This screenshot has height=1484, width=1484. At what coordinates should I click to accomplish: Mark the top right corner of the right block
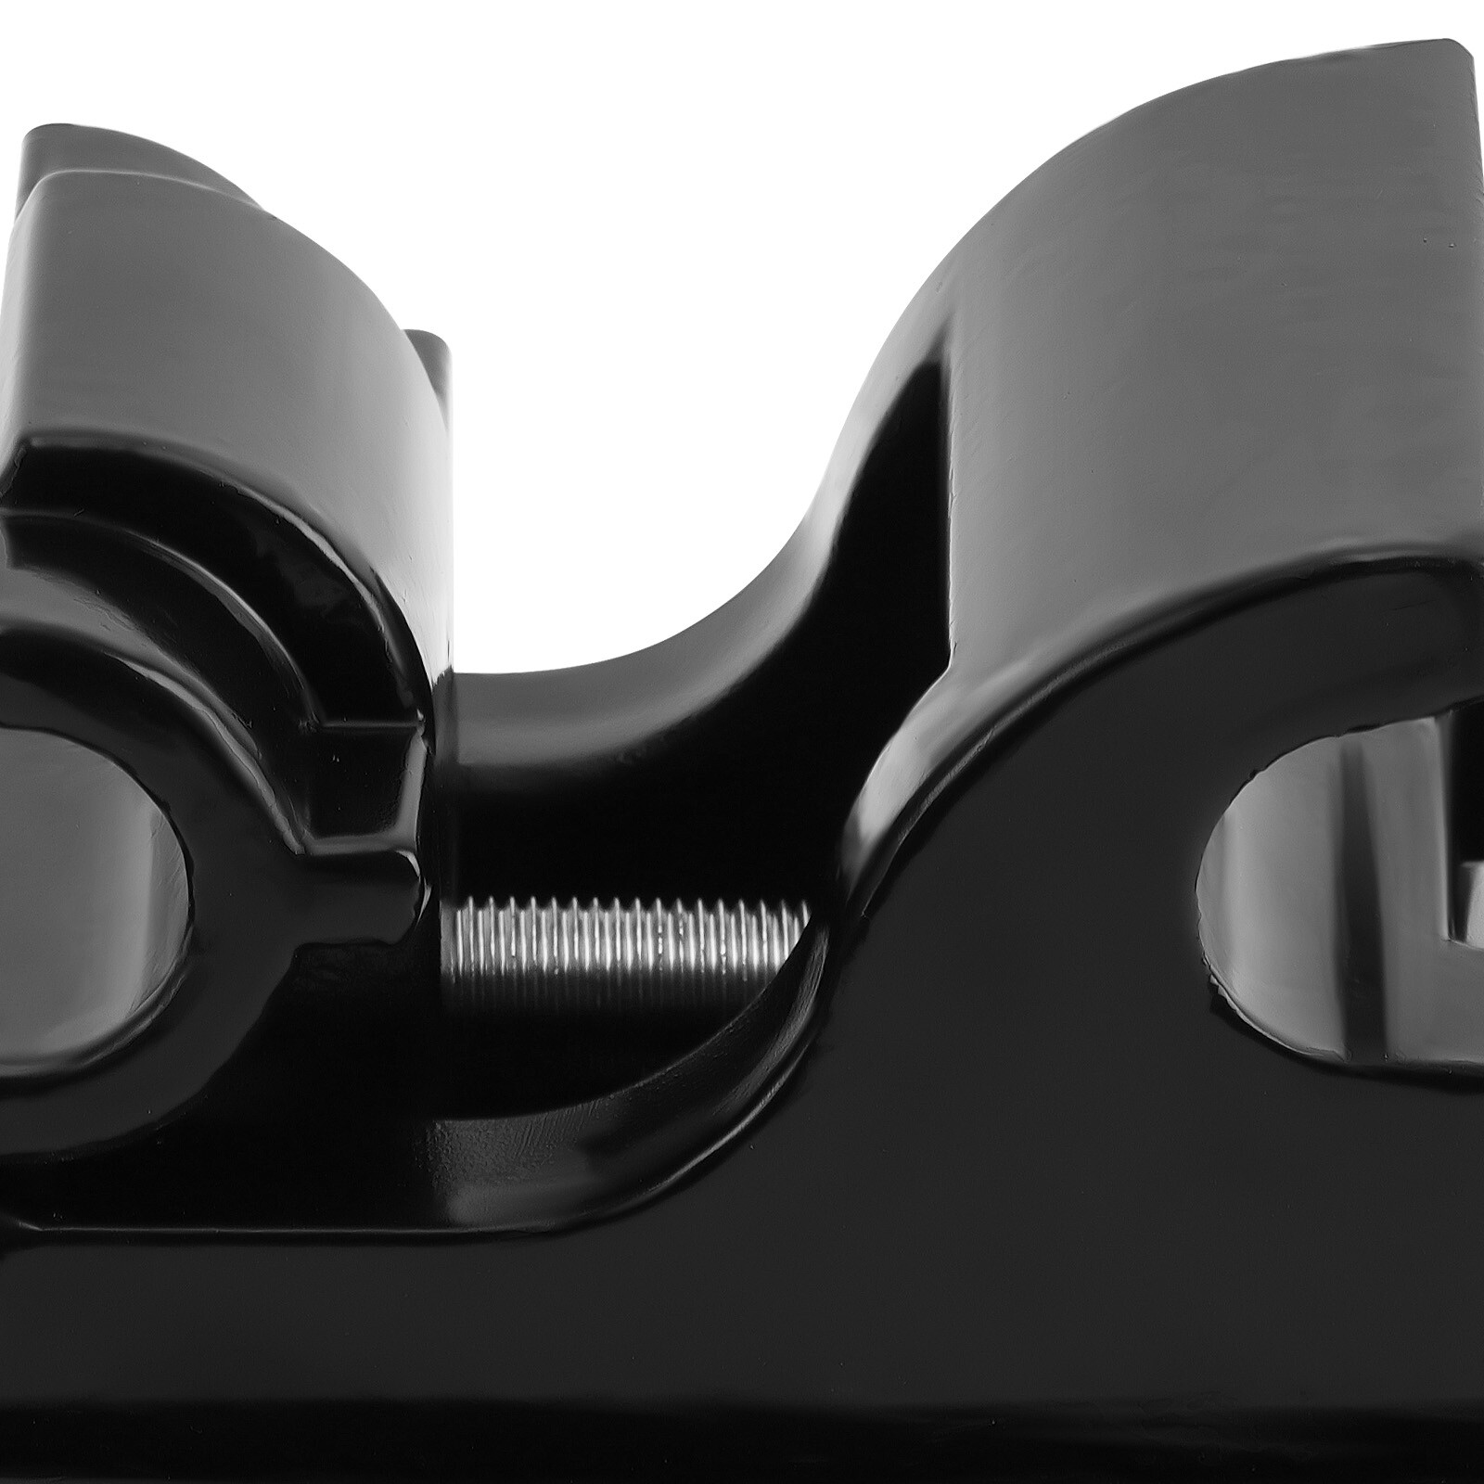[1461, 46]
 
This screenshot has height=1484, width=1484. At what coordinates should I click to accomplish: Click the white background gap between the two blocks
[649, 371]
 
